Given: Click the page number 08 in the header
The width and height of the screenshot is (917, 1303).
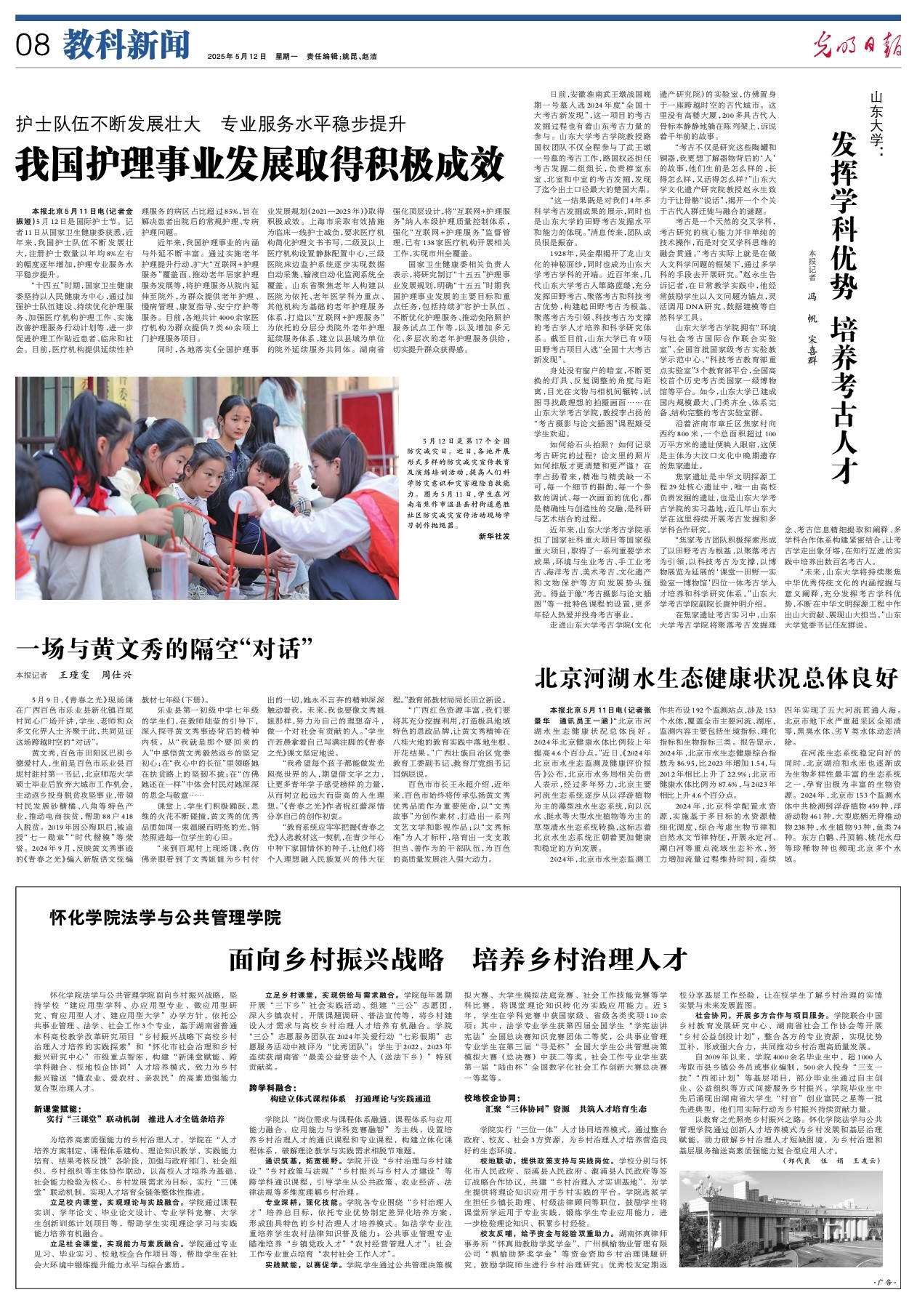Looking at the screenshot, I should [x=33, y=45].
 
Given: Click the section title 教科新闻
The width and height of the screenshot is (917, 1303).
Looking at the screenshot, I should [x=126, y=45].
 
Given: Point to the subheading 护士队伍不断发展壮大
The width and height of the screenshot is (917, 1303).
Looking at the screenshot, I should [x=109, y=124].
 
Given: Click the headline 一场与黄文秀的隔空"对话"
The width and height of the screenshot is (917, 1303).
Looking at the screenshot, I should [x=164, y=647].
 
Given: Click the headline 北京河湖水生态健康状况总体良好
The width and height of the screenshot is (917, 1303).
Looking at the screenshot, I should [x=716, y=678].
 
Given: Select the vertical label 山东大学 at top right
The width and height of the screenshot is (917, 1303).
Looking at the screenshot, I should [x=878, y=116].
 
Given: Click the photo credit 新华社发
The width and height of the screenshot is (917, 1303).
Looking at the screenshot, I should [x=494, y=537].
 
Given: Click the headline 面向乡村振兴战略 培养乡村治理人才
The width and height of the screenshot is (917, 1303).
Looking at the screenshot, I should [x=458, y=959].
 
